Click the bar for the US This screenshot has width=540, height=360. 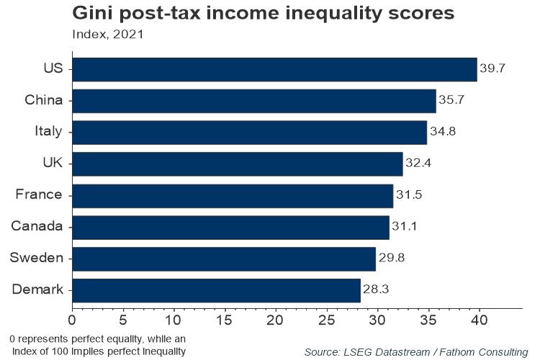point(274,69)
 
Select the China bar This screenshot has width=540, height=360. point(253,101)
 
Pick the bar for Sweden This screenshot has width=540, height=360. point(223,258)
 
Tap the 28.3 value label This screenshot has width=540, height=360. point(375,291)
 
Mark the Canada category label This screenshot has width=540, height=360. point(37,227)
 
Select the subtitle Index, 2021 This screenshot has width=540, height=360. point(107,35)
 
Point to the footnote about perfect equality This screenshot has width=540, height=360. point(98,344)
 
